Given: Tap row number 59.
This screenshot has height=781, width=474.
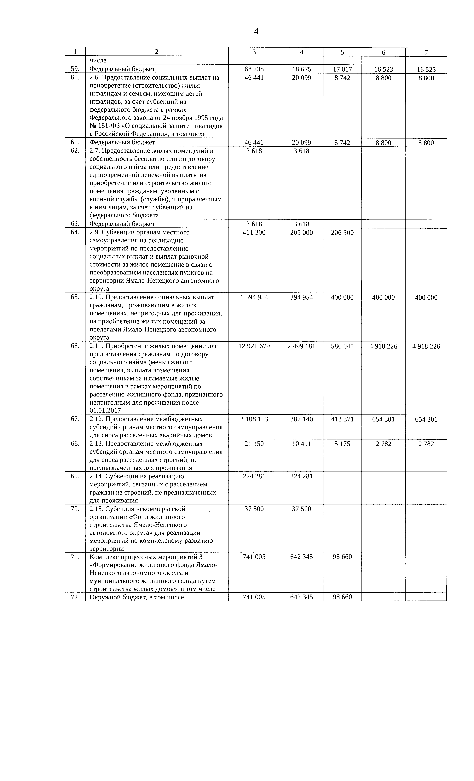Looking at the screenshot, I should pyautogui.click(x=75, y=69).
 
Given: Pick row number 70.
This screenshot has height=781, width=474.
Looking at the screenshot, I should pyautogui.click(x=75, y=508).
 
